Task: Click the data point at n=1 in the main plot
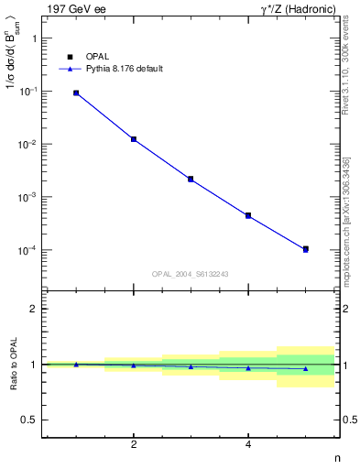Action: (76, 93)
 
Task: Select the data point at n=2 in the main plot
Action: (134, 139)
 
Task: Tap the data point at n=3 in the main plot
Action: (191, 179)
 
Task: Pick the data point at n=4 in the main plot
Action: (248, 216)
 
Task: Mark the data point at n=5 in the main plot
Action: (305, 249)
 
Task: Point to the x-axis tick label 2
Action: (134, 444)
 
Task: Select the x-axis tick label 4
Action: (248, 444)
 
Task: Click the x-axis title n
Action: (336, 457)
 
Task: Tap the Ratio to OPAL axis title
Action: (12, 365)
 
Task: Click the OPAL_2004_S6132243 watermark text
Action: (191, 274)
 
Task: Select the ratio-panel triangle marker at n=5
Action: (305, 368)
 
